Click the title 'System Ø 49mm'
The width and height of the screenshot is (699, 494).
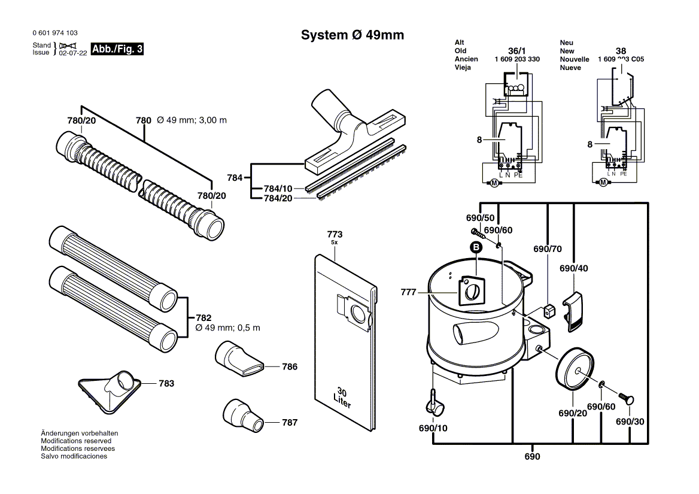[x=352, y=35]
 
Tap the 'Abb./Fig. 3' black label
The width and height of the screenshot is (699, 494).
[x=117, y=49]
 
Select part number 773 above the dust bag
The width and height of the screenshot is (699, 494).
[x=335, y=234]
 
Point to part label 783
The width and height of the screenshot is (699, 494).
[x=166, y=383]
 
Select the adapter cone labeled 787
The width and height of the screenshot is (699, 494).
[x=242, y=414]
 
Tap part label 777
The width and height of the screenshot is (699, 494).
[x=409, y=292]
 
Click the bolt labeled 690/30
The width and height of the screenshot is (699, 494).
[x=628, y=398]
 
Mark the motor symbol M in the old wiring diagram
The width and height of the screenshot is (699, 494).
[x=494, y=183]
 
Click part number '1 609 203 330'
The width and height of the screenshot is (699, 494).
[x=517, y=59]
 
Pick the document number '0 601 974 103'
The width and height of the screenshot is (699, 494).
[x=54, y=33]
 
